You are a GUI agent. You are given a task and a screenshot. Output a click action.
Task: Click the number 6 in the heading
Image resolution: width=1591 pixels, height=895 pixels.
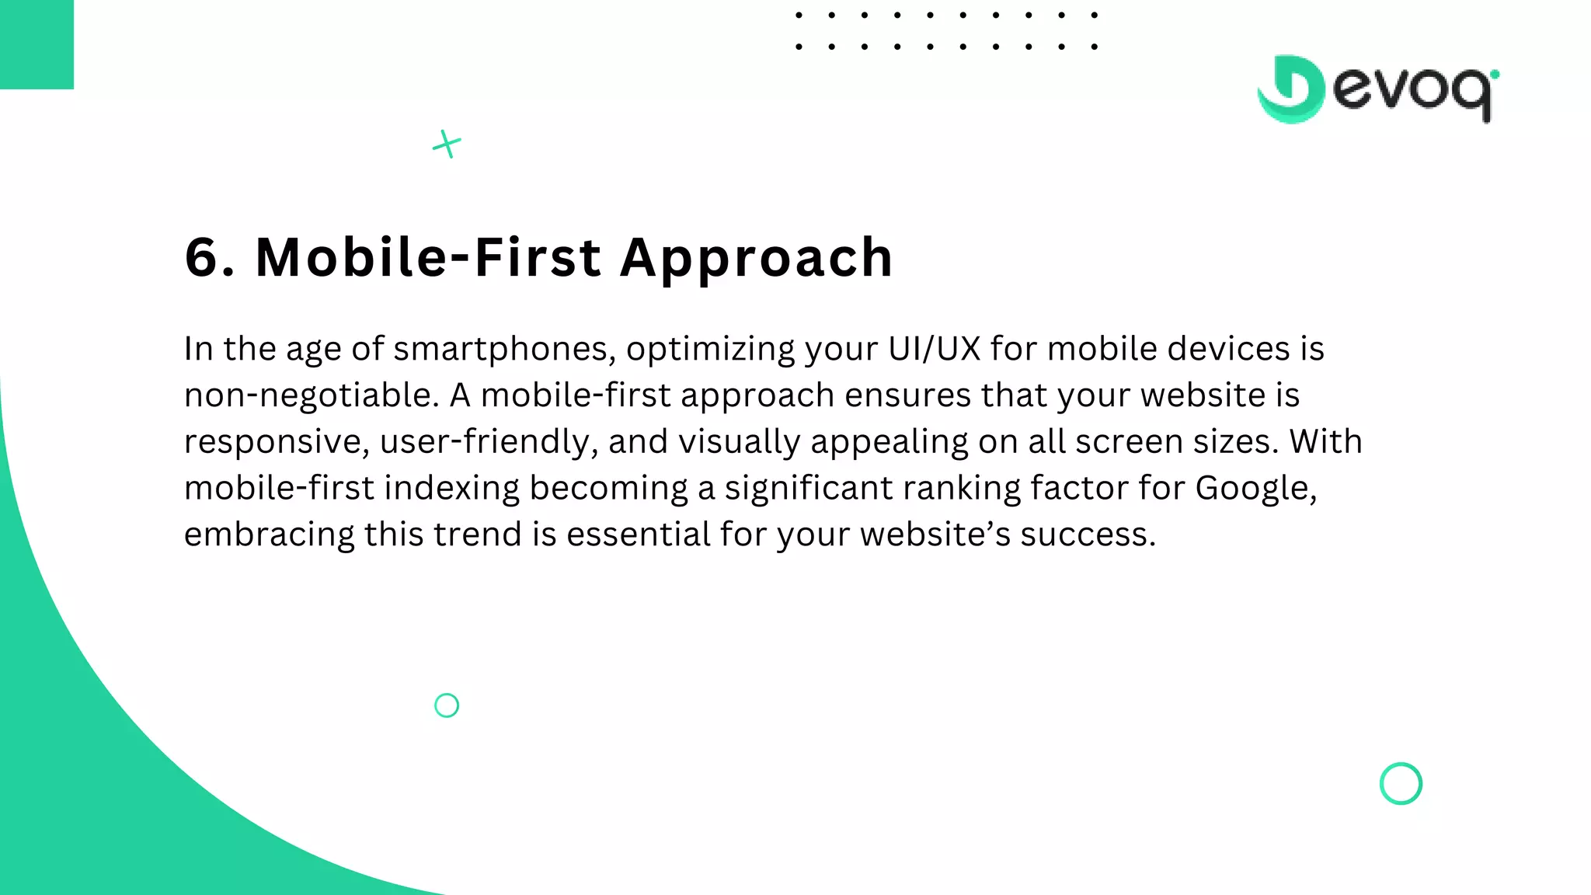click(x=204, y=258)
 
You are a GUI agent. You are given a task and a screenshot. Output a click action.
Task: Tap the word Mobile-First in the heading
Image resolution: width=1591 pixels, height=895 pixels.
click(x=428, y=258)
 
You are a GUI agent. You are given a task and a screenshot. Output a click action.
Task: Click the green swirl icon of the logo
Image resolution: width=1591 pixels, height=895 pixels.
click(x=1291, y=89)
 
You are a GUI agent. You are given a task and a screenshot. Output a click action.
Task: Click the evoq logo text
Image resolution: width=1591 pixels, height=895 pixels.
click(x=1414, y=92)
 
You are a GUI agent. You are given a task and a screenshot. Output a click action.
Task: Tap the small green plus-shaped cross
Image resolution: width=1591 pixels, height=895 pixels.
click(x=447, y=144)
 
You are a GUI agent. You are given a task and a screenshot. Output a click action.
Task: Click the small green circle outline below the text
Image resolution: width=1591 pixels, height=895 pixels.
click(x=447, y=705)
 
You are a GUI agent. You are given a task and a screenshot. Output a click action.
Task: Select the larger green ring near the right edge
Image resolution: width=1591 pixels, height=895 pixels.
click(x=1401, y=783)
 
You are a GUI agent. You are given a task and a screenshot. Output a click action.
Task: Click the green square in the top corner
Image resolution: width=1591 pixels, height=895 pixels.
click(x=37, y=44)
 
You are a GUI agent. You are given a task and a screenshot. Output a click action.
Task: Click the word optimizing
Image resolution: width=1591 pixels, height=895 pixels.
click(x=710, y=350)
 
